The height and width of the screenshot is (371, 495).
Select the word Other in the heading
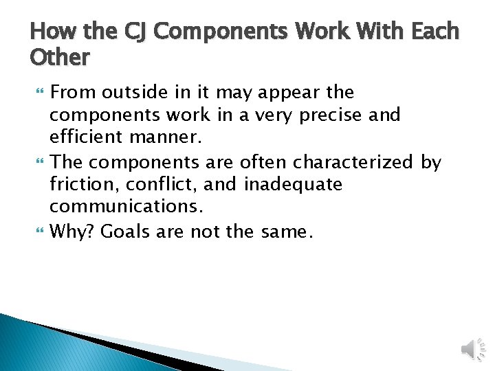coord(60,58)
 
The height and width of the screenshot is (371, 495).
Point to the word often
coord(260,162)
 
